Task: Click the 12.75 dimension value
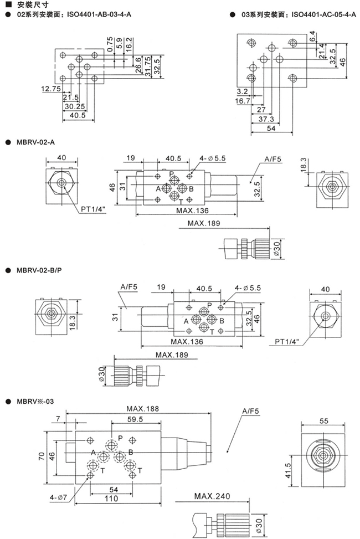(51, 89)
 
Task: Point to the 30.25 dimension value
(75, 106)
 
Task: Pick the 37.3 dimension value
(266, 119)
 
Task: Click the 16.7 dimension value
(243, 101)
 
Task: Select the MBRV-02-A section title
(36, 142)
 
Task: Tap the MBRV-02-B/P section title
(39, 270)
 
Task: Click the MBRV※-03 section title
(35, 401)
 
